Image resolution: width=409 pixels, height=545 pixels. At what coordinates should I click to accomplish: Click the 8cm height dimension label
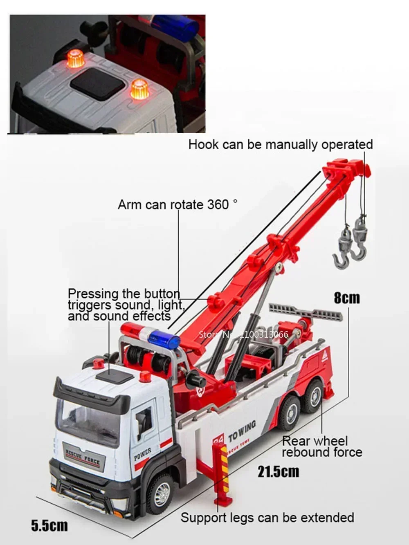click(347, 297)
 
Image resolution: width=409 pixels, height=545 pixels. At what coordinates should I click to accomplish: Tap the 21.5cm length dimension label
click(278, 471)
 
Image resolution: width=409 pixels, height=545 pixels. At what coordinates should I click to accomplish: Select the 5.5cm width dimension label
click(49, 525)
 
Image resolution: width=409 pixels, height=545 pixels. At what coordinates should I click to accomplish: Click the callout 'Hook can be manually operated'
click(281, 145)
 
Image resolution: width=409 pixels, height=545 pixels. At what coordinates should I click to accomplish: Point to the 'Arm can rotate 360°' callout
click(178, 204)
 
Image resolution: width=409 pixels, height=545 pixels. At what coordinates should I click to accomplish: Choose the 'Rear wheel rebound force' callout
click(322, 446)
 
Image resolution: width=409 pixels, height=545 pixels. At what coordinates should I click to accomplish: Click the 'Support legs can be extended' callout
click(267, 518)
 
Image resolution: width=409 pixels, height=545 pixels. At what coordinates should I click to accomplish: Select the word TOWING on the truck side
click(242, 431)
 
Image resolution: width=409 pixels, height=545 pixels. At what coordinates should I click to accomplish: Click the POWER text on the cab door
click(142, 454)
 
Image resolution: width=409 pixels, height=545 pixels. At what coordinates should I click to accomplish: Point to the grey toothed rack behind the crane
click(305, 312)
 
